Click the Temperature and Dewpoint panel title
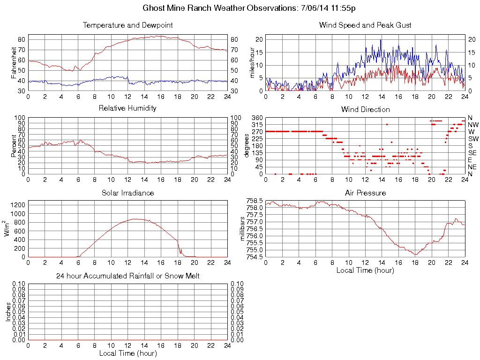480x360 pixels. pos(127,25)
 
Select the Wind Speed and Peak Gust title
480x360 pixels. pos(365,25)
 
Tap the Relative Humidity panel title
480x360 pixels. pos(127,108)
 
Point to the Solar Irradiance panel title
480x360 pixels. pos(127,193)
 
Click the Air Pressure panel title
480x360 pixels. pos(365,193)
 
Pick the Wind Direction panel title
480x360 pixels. pos(365,109)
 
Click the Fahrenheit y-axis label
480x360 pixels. pos(13,62)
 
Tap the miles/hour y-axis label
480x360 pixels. pos(251,62)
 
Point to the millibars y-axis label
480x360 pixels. pos(242,228)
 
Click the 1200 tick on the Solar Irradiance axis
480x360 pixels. pos(18,205)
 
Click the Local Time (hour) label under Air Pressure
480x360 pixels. pos(365,270)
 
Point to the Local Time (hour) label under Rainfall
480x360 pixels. pos(127,353)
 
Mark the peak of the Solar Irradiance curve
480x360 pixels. pos(135,219)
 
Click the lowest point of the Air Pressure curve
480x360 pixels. pos(415,255)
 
